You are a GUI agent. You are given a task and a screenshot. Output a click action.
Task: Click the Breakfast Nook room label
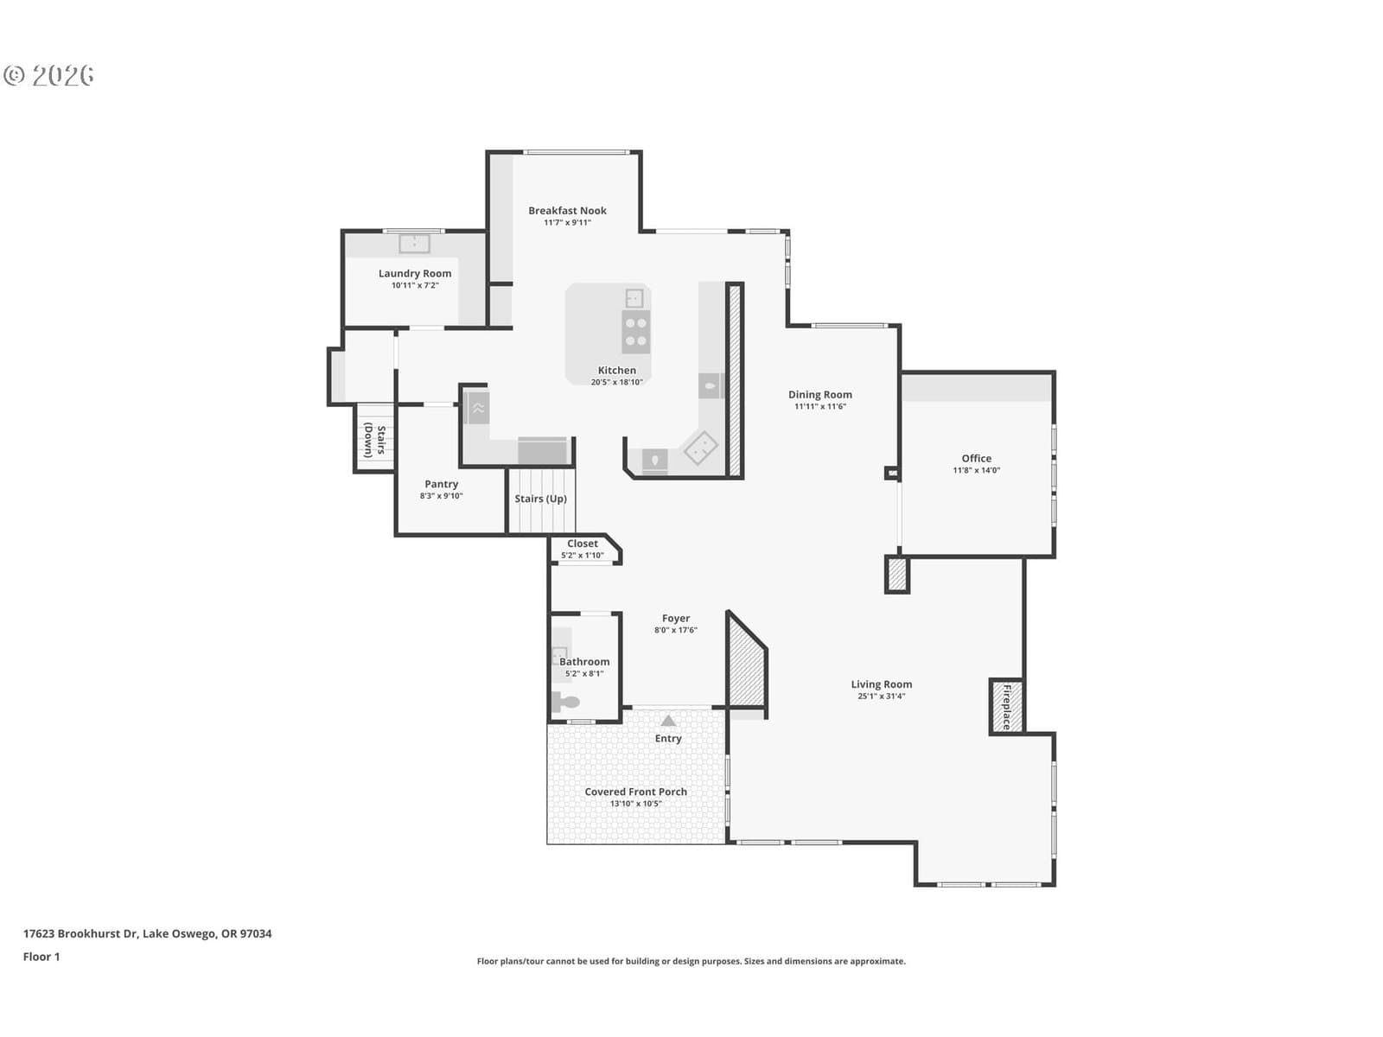[x=567, y=210]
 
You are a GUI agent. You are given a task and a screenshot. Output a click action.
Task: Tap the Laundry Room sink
[x=414, y=243]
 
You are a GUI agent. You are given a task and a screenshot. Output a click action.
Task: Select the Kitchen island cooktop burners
[x=635, y=332]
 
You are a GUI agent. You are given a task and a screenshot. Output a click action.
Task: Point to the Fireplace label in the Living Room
[x=1006, y=706]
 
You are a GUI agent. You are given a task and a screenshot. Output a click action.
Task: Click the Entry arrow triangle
[x=668, y=721]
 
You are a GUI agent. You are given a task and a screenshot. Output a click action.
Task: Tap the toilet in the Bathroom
[x=565, y=702]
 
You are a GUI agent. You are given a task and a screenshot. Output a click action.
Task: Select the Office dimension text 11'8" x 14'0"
[x=976, y=470]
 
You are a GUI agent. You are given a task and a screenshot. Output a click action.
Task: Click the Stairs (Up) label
[x=540, y=499]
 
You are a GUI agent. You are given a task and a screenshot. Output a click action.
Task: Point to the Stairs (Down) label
[x=375, y=439]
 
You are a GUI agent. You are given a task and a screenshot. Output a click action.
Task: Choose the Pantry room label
[x=441, y=484]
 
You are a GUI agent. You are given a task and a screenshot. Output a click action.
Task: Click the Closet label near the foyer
[x=583, y=544]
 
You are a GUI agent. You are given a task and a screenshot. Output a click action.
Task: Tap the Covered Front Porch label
[x=635, y=792]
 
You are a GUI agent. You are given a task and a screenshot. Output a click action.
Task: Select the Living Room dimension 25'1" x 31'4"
[x=881, y=696]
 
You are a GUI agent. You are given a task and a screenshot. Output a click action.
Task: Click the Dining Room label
[x=819, y=394]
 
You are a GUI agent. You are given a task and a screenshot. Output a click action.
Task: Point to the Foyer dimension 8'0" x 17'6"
[x=675, y=630]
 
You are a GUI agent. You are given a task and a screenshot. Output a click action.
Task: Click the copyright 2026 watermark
[x=48, y=75]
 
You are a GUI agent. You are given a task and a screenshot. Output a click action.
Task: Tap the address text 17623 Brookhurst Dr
[x=80, y=933]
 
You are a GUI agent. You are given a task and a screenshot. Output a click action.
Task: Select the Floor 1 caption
[x=41, y=957]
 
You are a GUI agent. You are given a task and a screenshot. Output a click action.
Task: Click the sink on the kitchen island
[x=634, y=298]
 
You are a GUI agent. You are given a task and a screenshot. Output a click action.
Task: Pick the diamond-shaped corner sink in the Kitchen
[x=701, y=448]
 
